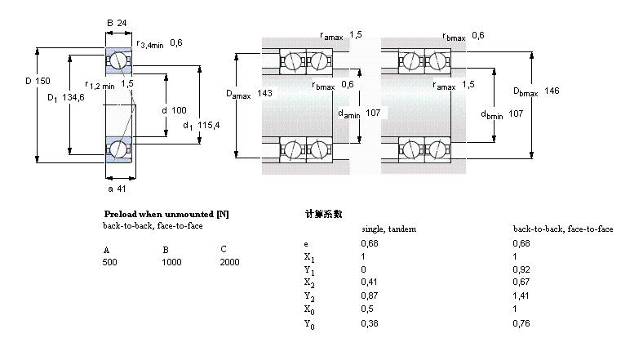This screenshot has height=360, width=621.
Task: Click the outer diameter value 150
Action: pos(42,81)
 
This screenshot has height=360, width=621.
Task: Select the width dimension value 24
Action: pos(122,23)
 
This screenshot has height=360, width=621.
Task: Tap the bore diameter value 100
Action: pos(179,110)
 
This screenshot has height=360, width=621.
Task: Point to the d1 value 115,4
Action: pos(208,125)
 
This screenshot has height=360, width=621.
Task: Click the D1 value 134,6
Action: pos(73,97)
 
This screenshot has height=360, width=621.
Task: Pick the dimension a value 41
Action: pos(122,189)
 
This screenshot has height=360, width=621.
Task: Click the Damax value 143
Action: pos(264,93)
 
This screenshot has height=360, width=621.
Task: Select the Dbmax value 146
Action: pos(552,91)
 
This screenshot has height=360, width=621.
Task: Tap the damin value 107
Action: pos(373,113)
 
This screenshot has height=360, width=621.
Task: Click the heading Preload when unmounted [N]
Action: pos(166,214)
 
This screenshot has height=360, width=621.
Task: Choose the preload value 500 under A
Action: pos(109,262)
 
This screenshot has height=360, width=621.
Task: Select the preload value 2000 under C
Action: pos(229,262)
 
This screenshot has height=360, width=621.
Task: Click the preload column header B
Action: pos(166,250)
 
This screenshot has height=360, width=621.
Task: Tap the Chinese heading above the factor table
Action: pos(324,214)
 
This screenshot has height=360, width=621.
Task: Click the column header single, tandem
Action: pos(389,229)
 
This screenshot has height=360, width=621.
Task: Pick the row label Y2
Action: pos(309,296)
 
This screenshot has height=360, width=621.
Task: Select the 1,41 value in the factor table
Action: pos(521,296)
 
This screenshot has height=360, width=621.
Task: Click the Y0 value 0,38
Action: pos(370,323)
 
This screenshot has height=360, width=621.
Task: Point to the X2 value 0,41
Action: pos(369,282)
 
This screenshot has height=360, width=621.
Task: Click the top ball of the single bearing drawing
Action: pos(118,61)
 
